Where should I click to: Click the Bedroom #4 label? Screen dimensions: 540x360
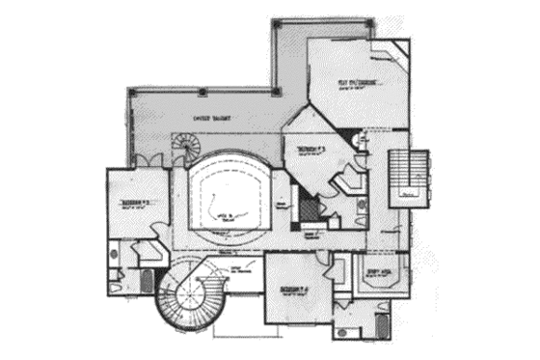(x=293, y=289)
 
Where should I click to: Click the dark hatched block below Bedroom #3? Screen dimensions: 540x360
(x=308, y=209)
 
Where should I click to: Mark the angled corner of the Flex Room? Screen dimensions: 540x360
(x=397, y=48)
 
